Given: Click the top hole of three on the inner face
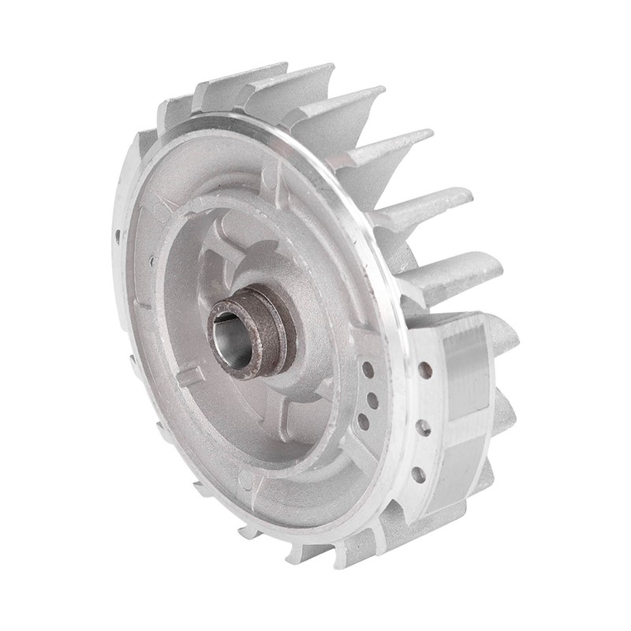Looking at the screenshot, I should pyautogui.click(x=368, y=368).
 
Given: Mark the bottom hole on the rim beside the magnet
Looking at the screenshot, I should pyautogui.click(x=418, y=474).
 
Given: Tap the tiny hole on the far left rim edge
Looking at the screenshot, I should pyautogui.click(x=118, y=234).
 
